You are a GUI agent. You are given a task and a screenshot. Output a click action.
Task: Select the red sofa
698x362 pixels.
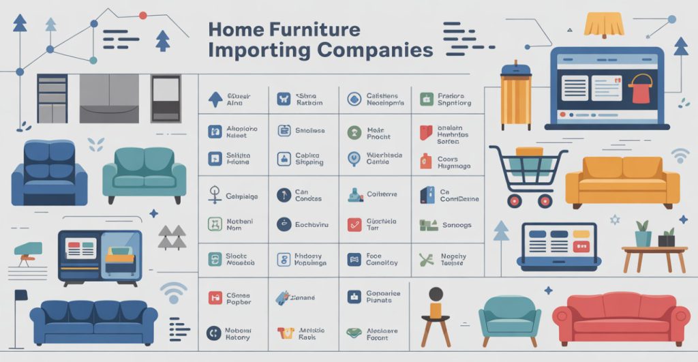621,318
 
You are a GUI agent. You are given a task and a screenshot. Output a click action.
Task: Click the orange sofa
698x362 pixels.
622,180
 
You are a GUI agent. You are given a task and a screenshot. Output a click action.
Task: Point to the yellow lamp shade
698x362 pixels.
604,25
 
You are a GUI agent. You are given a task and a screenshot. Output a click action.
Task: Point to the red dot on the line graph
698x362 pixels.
142,14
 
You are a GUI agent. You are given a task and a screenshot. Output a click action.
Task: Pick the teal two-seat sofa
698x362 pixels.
144,173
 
